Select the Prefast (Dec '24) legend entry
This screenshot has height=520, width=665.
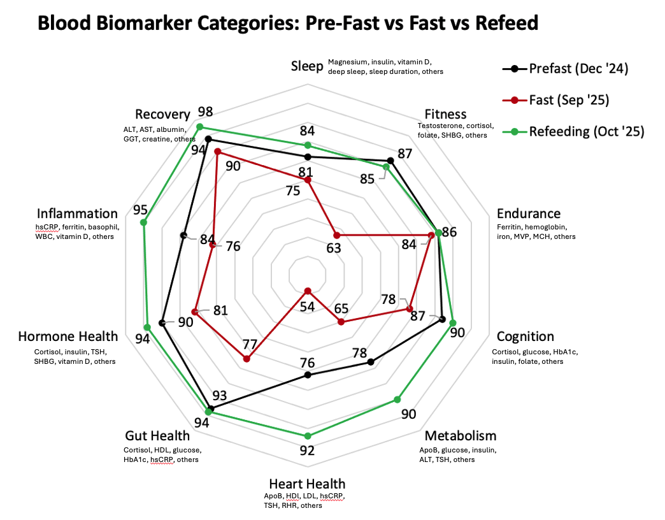click(x=573, y=68)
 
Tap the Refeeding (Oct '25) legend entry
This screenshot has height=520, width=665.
click(x=573, y=131)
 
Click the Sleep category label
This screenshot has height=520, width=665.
click(x=307, y=66)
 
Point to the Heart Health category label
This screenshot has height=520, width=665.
click(x=307, y=484)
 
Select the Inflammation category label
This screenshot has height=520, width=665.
click(x=77, y=213)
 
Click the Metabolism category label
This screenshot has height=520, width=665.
click(x=460, y=436)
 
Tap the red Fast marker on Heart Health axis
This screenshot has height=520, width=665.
click(x=308, y=291)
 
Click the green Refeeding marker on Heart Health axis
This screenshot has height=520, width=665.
click(x=308, y=437)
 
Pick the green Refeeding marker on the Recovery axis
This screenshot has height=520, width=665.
click(x=199, y=127)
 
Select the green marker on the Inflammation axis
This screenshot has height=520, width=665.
click(x=143, y=222)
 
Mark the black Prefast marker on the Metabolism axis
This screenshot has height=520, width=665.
click(x=371, y=363)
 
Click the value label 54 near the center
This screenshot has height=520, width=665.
click(x=307, y=307)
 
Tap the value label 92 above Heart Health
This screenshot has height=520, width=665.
click(x=307, y=451)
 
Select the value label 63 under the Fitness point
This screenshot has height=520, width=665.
click(x=333, y=249)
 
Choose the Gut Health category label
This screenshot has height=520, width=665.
click(x=157, y=436)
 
